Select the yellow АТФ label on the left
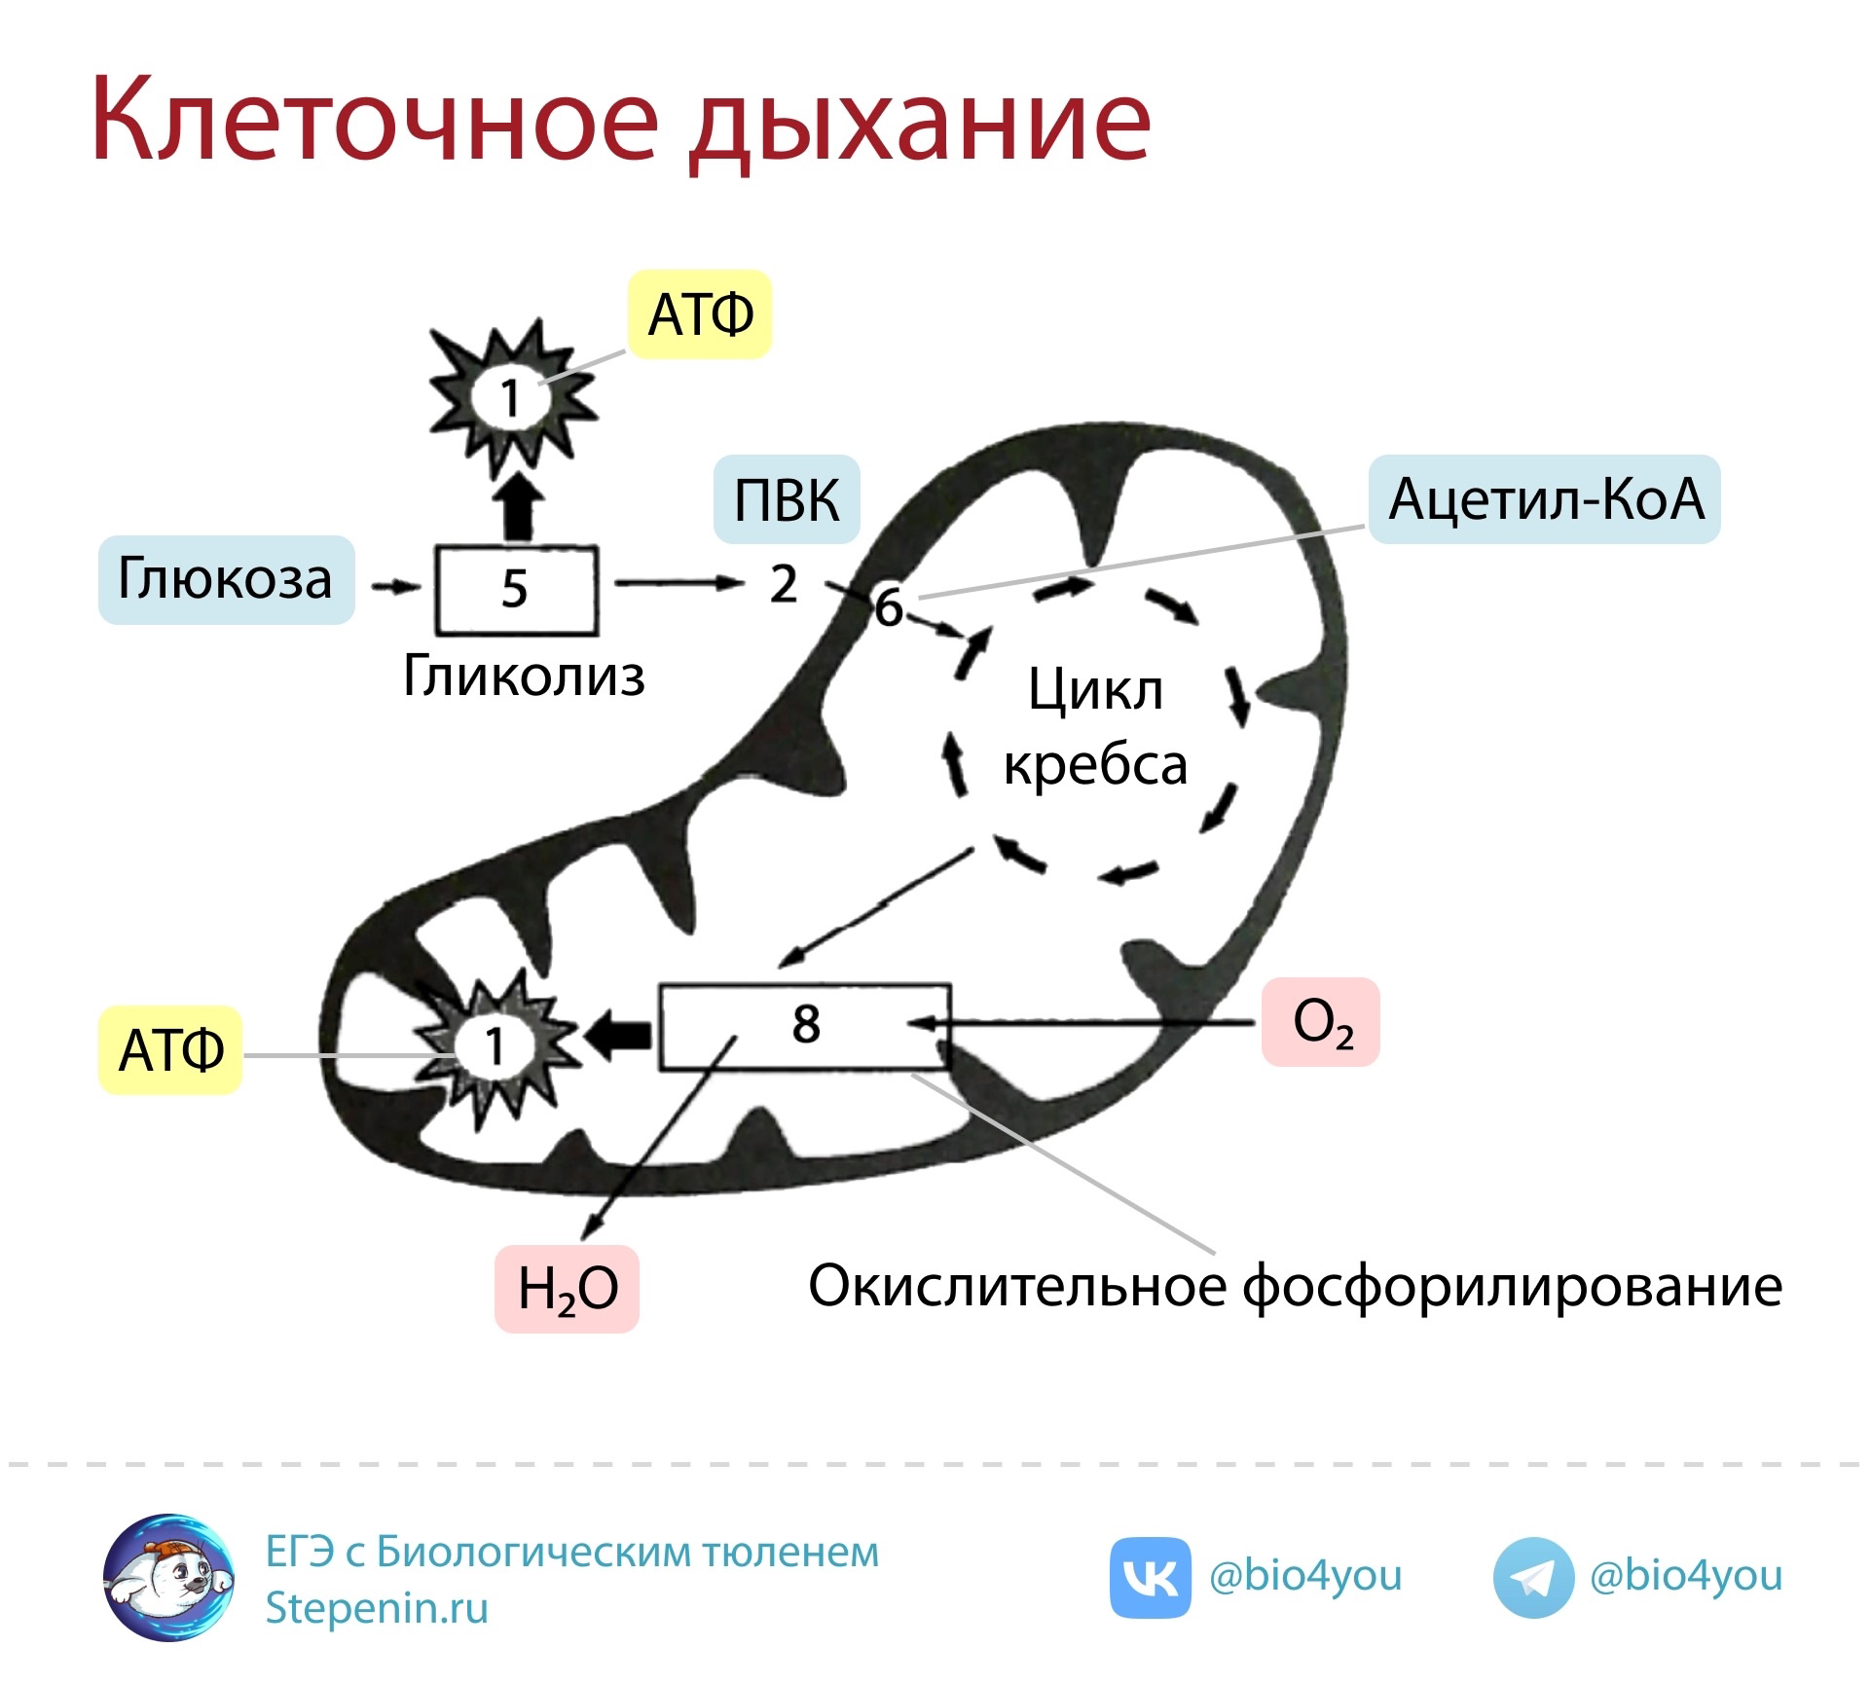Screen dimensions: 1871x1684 coord(170,1050)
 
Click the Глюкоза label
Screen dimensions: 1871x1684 coord(226,579)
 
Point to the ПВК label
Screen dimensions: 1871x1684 coord(787,498)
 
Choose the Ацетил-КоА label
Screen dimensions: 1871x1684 coord(1545,498)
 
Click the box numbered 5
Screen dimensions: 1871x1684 coord(515,590)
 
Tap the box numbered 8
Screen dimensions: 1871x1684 coord(805,1026)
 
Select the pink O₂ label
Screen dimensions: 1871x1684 coord(1321,1022)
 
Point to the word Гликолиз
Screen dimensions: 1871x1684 coord(524,677)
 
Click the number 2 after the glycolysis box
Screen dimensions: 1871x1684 coord(784,584)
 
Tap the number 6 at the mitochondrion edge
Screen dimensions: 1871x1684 coord(889,607)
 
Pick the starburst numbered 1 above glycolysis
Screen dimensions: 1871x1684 coord(511,395)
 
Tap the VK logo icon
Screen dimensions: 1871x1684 coord(1150,1604)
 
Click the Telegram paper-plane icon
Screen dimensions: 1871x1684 coord(1532,1604)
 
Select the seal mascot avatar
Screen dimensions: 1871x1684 coord(169,1604)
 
